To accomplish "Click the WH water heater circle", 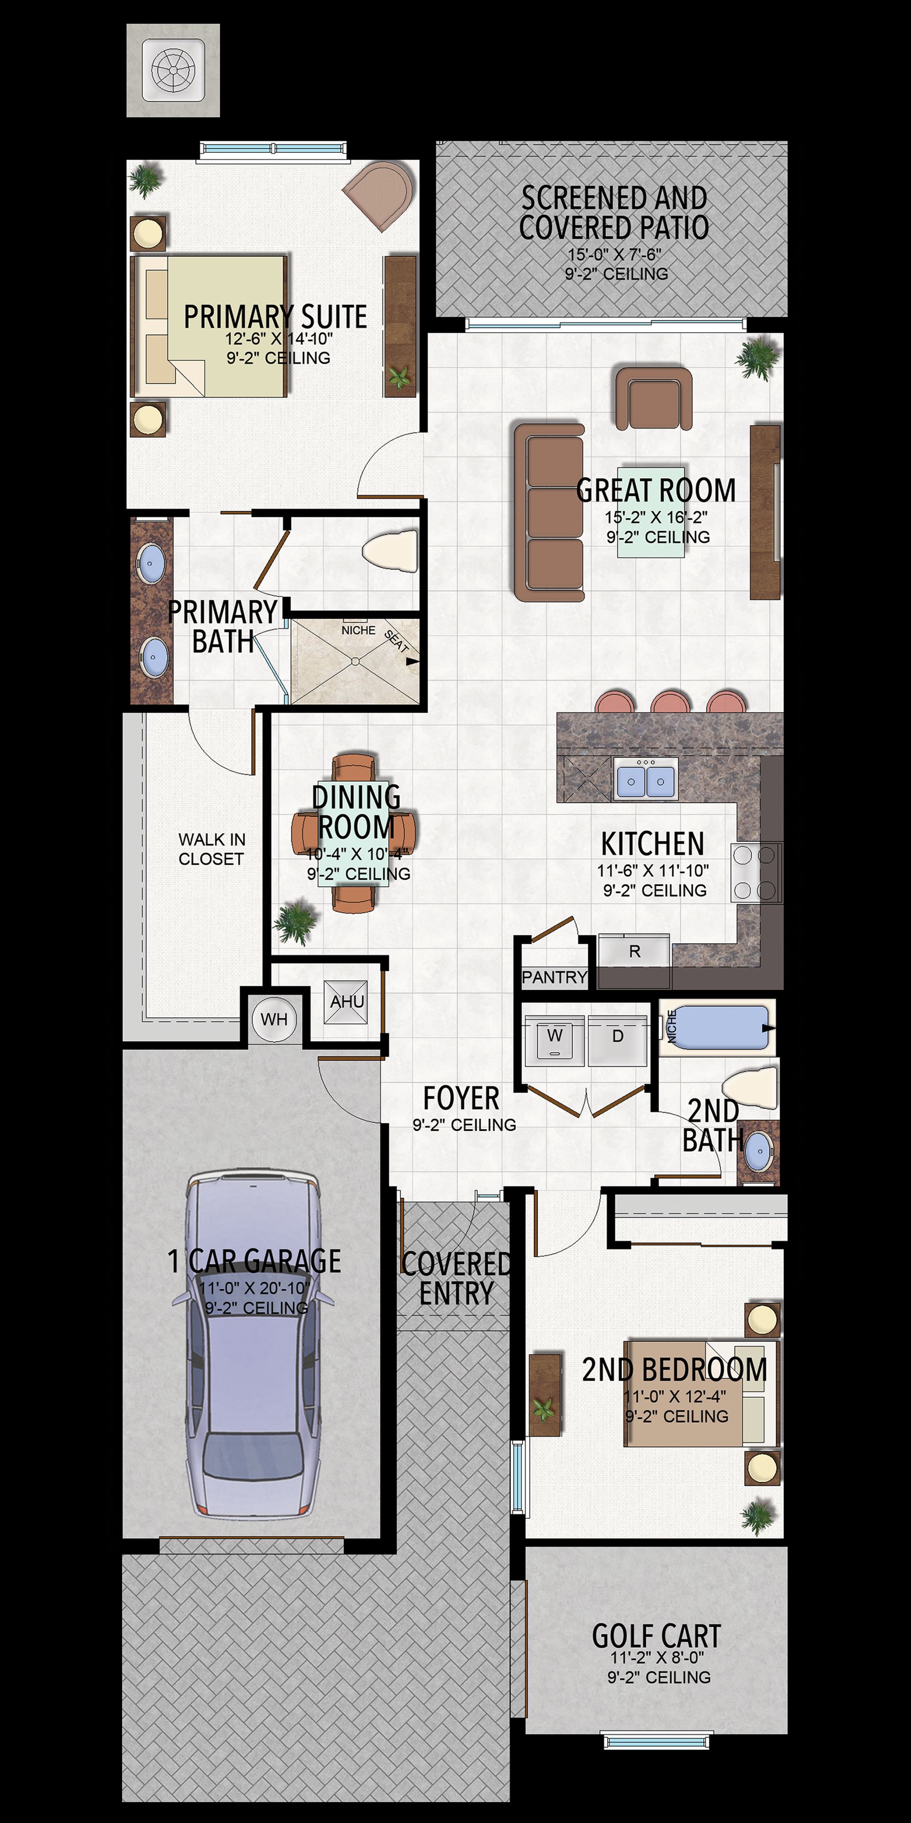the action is pyautogui.click(x=274, y=1019).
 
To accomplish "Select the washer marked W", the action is pyautogui.click(x=555, y=1040).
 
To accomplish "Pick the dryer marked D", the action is pyautogui.click(x=617, y=1040).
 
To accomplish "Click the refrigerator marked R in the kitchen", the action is pyautogui.click(x=634, y=950).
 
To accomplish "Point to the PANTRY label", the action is pyautogui.click(x=555, y=977).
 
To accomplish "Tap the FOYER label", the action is pyautogui.click(x=461, y=1099).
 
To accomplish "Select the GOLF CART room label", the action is pyautogui.click(x=656, y=1636).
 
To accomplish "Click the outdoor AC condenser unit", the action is pyautogui.click(x=173, y=70).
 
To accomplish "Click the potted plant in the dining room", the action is pyautogui.click(x=296, y=921).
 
